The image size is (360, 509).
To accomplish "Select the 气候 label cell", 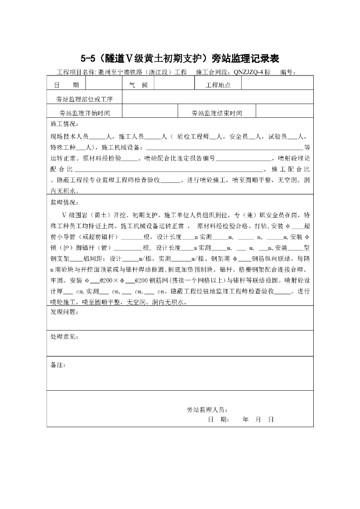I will click(x=138, y=85).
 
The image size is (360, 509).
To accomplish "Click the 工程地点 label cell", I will click(x=218, y=85).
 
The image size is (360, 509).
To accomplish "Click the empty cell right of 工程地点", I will click(x=277, y=85).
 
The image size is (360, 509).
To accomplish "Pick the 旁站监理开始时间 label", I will click(x=85, y=113).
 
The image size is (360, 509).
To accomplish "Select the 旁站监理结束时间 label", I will click(x=217, y=113).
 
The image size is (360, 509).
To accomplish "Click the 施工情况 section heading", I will click(x=64, y=123).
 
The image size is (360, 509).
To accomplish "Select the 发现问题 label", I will click(x=64, y=312).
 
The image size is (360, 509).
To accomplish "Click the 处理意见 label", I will click(x=64, y=337).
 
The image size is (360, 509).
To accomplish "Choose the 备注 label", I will click(x=58, y=364).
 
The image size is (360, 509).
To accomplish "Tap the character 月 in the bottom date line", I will click(x=258, y=419).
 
